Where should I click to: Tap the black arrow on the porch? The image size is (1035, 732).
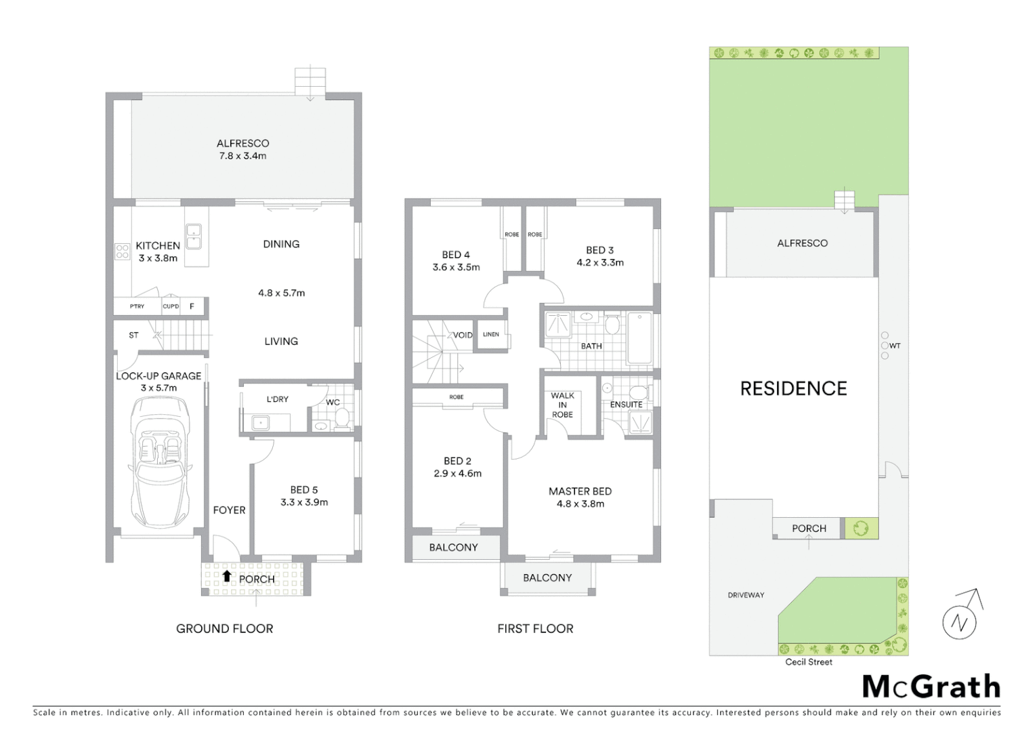227,577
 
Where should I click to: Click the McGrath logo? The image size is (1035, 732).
931,687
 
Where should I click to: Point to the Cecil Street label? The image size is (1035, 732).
809,662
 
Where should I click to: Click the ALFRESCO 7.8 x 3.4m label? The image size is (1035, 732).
242,149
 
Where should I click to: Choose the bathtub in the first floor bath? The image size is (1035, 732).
639,338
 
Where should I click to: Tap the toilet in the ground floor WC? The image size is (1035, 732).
342,418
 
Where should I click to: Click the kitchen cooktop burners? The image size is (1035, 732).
122,252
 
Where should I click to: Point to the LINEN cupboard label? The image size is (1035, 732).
491,335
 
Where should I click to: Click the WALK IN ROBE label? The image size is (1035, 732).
562,405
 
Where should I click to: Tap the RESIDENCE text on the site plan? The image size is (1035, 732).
793,388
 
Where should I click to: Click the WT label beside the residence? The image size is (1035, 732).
895,346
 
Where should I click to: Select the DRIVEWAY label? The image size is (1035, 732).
746,595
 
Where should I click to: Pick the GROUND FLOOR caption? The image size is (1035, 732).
224,629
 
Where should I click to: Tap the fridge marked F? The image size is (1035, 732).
192,306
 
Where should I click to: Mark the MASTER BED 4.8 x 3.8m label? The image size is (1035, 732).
580,497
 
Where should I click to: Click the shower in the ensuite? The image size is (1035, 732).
639,423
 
